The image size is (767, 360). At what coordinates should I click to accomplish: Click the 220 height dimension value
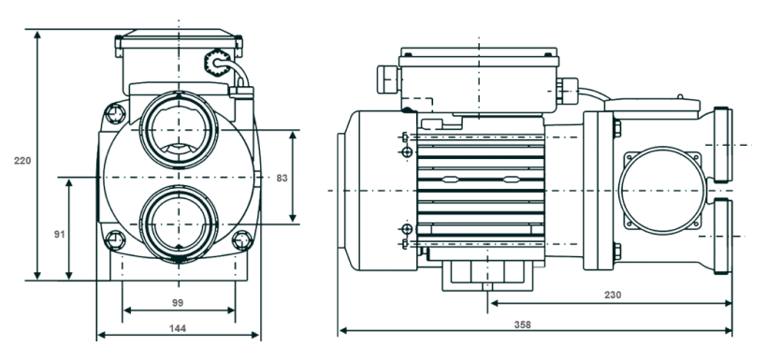(x=22, y=161)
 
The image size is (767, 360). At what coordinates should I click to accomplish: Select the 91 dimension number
(x=59, y=235)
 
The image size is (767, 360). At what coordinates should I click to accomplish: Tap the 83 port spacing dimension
(x=282, y=178)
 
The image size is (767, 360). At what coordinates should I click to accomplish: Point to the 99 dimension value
(x=178, y=303)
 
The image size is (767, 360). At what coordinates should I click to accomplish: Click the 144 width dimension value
(x=178, y=328)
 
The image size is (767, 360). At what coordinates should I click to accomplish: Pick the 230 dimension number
(x=613, y=295)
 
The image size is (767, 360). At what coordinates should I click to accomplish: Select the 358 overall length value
(x=523, y=324)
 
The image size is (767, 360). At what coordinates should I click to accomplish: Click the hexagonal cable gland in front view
(x=214, y=62)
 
